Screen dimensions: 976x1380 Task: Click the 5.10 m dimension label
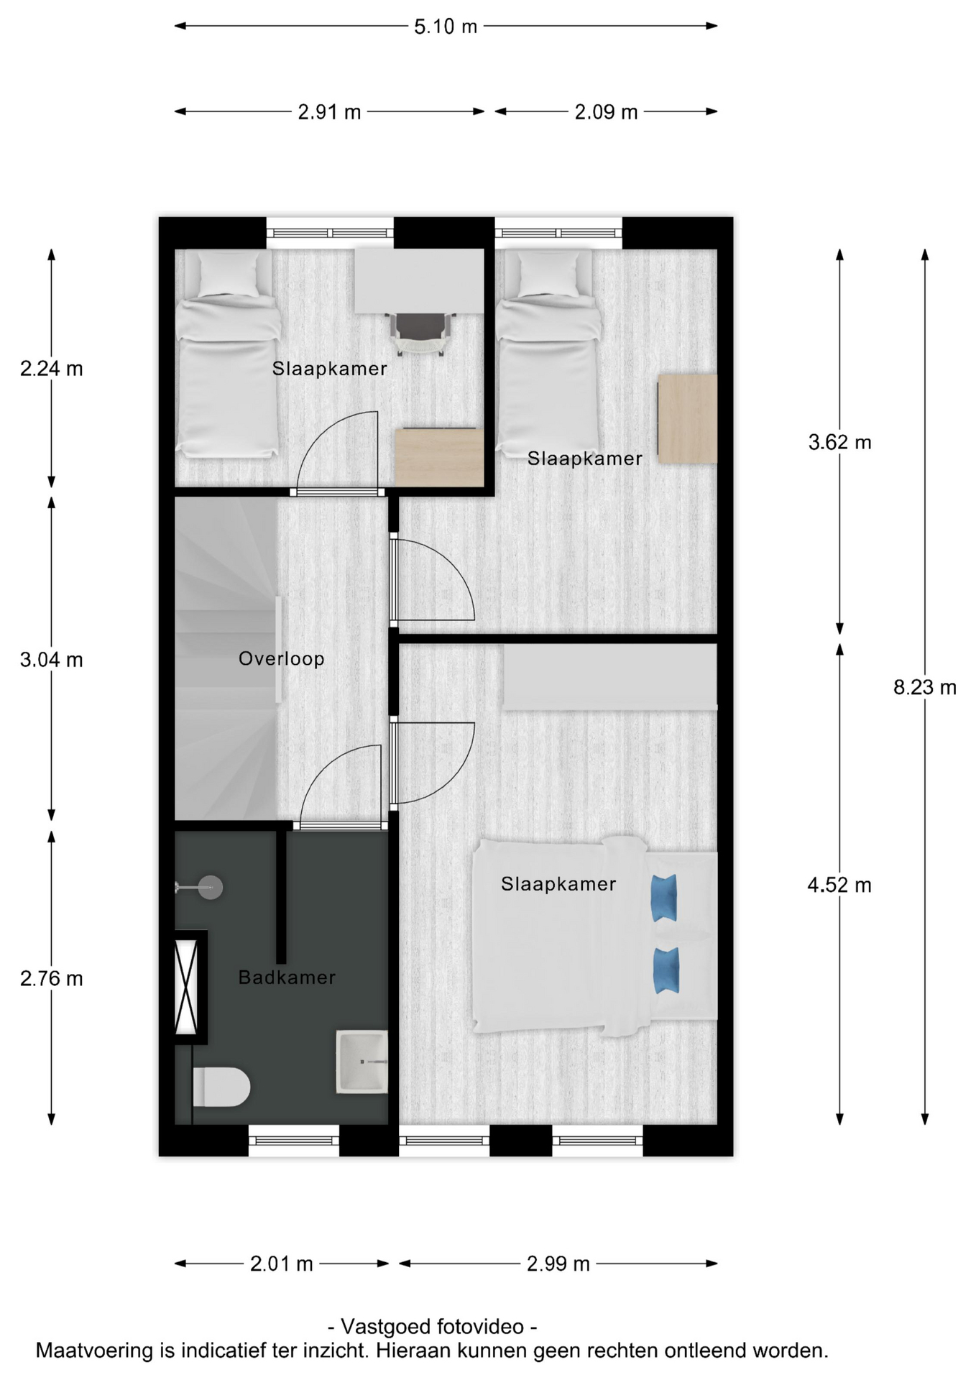tap(445, 27)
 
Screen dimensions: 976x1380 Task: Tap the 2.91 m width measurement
tap(329, 112)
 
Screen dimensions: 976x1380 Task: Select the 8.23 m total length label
tap(925, 688)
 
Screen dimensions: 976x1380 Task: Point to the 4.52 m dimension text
tap(839, 885)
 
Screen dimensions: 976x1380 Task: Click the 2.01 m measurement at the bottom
tap(281, 1264)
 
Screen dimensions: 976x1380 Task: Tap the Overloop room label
tap(281, 658)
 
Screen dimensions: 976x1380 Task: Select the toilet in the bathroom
tap(221, 1086)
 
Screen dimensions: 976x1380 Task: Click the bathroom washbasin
tap(362, 1062)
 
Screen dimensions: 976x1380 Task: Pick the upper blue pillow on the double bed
tap(664, 898)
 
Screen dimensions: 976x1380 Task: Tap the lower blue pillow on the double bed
tap(666, 971)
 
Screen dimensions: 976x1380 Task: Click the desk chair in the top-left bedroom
tap(420, 333)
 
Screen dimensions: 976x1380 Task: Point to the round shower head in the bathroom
tap(211, 888)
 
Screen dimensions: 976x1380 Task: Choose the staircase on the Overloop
tap(226, 658)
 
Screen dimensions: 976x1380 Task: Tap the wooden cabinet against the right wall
tap(688, 419)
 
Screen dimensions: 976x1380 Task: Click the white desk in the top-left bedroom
tap(420, 281)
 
